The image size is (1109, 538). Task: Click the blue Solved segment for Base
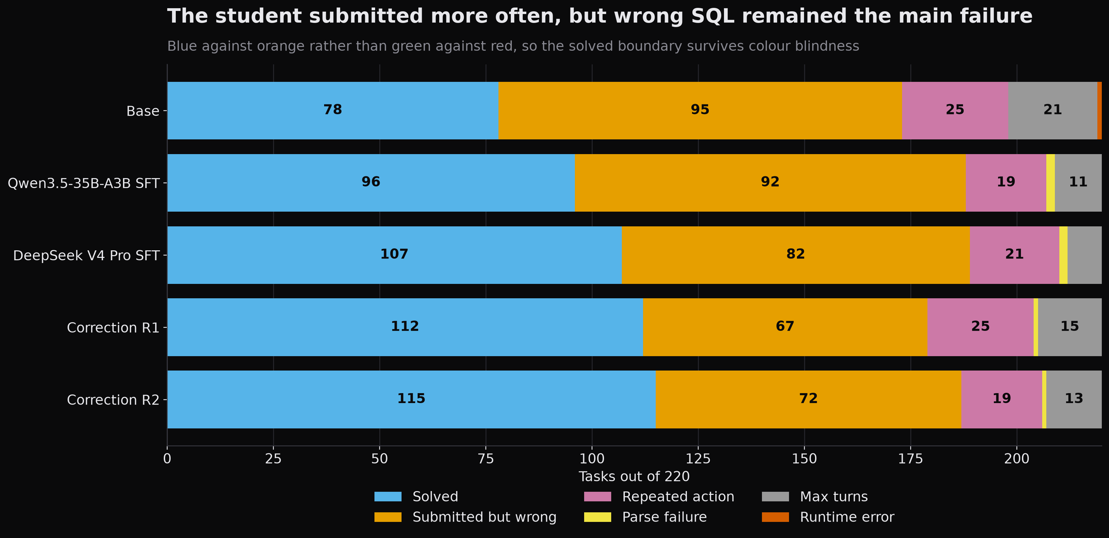pos(333,111)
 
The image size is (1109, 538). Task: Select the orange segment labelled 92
pos(770,183)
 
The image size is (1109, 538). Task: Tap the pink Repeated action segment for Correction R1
pos(980,327)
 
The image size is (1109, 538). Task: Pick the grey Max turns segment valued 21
pos(1052,111)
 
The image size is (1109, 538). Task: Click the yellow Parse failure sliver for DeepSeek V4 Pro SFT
pos(1063,255)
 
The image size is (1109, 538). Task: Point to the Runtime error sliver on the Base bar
pos(1099,111)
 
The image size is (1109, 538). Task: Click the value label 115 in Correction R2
pos(411,399)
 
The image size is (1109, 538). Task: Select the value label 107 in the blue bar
pos(394,254)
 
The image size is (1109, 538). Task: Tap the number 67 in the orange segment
pos(785,326)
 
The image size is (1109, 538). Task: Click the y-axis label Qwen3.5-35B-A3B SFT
pos(84,183)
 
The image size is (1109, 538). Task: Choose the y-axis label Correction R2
pos(113,400)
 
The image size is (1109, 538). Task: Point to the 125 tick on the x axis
pos(698,459)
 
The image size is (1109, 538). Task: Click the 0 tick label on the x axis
pos(167,459)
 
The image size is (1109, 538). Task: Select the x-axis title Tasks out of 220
pos(634,476)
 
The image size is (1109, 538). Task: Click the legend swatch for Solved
pos(388,497)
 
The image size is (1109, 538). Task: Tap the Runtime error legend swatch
pos(775,517)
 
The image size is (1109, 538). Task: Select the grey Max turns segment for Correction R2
pos(1074,399)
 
